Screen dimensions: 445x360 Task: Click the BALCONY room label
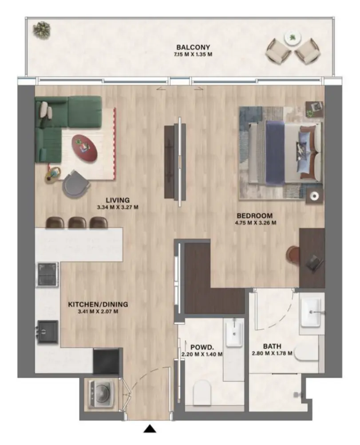193,47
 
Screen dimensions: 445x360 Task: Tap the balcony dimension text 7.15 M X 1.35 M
193,55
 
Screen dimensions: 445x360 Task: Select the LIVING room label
118,200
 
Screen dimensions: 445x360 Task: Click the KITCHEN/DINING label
98,305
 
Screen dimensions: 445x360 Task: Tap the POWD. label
202,347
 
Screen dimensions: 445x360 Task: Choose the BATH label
271,346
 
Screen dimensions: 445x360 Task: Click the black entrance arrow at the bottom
151,429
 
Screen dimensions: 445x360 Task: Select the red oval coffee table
84,147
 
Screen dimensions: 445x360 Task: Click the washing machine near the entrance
101,393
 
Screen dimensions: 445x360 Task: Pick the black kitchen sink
47,331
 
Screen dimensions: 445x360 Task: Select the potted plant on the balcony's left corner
42,30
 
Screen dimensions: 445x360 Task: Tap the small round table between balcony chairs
293,38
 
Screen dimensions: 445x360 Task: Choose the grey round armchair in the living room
74,185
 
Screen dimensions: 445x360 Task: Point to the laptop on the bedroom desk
313,263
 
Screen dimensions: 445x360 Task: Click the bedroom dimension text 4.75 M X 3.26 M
256,223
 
